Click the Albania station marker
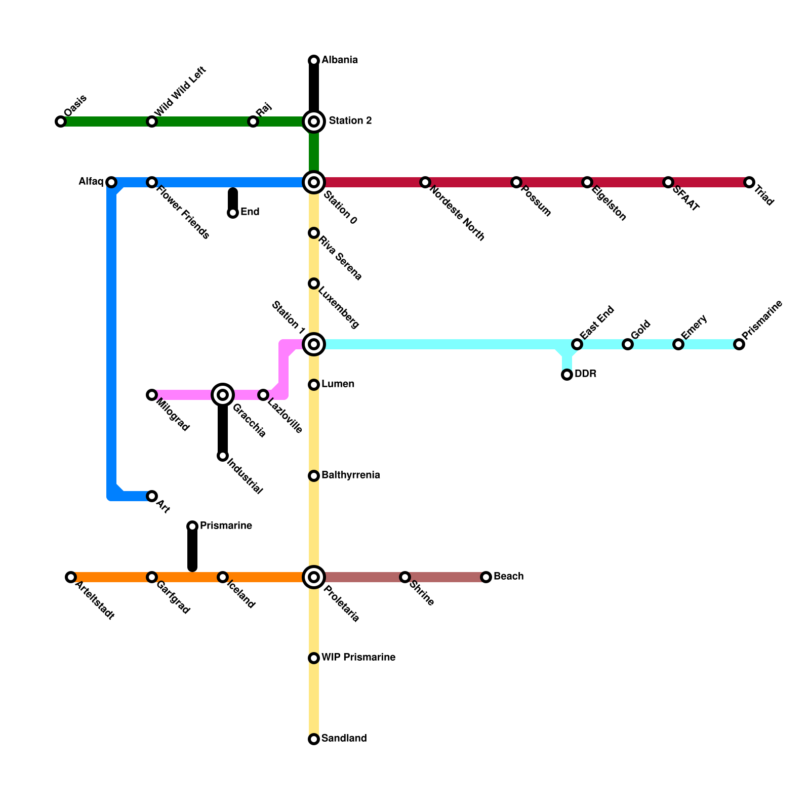click(314, 61)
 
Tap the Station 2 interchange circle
click(314, 121)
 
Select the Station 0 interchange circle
click(314, 182)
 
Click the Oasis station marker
click(61, 121)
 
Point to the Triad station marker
click(749, 182)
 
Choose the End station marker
click(233, 213)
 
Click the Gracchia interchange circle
click(223, 395)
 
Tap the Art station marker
click(152, 496)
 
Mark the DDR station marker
click(567, 375)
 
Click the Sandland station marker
click(314, 739)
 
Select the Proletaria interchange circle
click(314, 577)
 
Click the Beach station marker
click(486, 577)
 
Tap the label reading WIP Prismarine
click(358, 658)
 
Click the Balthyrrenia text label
click(350, 475)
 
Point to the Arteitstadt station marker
click(71, 577)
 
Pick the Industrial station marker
click(223, 456)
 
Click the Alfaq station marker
click(111, 182)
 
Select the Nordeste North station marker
click(425, 182)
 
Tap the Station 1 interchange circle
click(314, 344)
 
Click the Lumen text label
click(338, 384)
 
